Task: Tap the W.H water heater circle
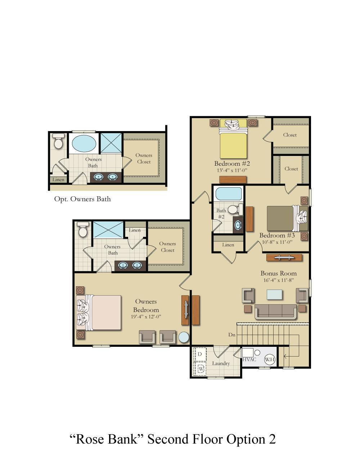pyautogui.click(x=269, y=359)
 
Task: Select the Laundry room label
pyautogui.click(x=221, y=363)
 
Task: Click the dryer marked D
pyautogui.click(x=200, y=354)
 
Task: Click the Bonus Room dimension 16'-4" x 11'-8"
pyautogui.click(x=278, y=280)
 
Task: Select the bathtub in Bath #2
pyautogui.click(x=229, y=194)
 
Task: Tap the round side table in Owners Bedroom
pyautogui.click(x=184, y=337)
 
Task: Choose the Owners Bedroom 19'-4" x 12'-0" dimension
pyautogui.click(x=146, y=317)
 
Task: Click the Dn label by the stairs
pyautogui.click(x=231, y=335)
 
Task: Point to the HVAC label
pyautogui.click(x=249, y=359)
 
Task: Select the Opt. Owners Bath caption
pyautogui.click(x=82, y=199)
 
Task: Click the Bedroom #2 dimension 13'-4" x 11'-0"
pyautogui.click(x=232, y=170)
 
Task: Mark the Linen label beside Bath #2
pyautogui.click(x=228, y=245)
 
